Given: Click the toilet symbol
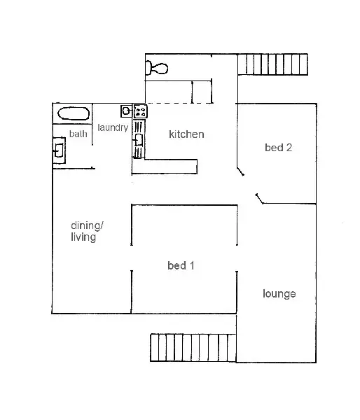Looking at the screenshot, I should pos(157,68).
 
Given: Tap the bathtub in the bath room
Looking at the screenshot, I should pos(72,114).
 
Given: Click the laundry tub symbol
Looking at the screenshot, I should pos(126,111).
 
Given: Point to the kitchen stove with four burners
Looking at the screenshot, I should pos(140,111).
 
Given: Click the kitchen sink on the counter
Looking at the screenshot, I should pos(139,140).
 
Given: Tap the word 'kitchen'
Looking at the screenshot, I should pos(186,134).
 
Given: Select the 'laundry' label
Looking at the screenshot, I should pos(113,128).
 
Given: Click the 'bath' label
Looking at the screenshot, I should pos(78,134).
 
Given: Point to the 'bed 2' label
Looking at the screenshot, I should pos(278,148).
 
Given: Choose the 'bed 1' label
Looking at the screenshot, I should pos(181,265).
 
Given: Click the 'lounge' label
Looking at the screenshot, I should pos(279,293).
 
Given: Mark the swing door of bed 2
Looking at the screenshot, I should pos(241,170).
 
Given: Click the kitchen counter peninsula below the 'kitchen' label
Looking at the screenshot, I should pos(165,166).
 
